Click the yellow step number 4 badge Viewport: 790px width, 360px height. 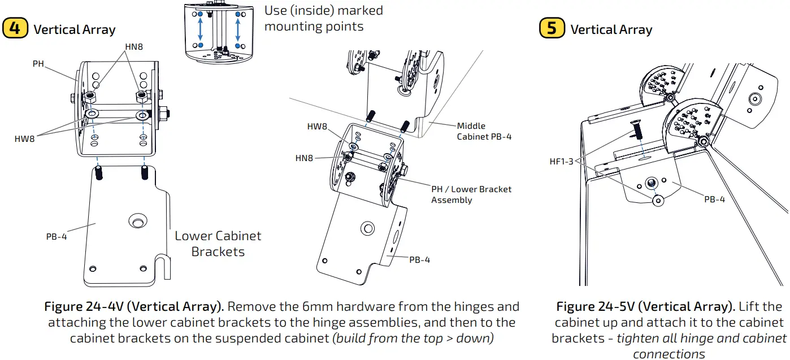point(15,28)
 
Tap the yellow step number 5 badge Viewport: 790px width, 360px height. point(552,28)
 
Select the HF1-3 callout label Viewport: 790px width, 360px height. point(561,162)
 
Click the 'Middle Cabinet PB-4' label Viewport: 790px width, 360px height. point(484,131)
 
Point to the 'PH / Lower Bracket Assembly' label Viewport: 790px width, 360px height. point(471,194)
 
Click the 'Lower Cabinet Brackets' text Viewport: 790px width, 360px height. point(218,244)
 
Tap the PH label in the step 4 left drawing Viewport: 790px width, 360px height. point(38,64)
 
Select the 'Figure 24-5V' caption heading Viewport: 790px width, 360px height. point(640,307)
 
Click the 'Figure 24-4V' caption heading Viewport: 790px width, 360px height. point(134,307)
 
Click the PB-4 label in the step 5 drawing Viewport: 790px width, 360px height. point(714,199)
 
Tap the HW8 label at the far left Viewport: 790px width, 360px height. point(24,138)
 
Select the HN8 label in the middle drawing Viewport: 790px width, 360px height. point(303,158)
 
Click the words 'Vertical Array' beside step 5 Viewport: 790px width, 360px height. point(611,30)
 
